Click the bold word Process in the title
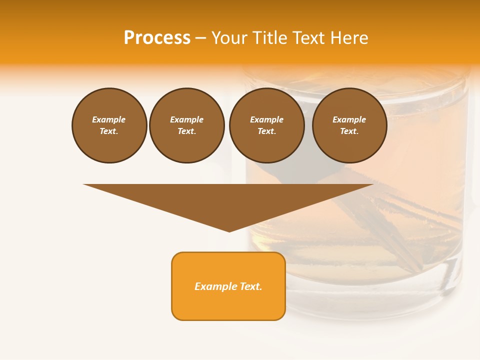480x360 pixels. [157, 38]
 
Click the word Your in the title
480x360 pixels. [229, 38]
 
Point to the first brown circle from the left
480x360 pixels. [109, 125]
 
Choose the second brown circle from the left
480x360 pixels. [187, 125]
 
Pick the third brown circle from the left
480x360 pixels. [266, 125]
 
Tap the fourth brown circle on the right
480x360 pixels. [349, 125]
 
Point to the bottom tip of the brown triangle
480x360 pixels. [229, 231]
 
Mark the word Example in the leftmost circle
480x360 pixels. [109, 119]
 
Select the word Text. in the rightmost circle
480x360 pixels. [349, 131]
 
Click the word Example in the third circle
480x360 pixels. [266, 119]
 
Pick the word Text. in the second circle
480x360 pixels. [187, 131]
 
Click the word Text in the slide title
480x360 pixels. [308, 38]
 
